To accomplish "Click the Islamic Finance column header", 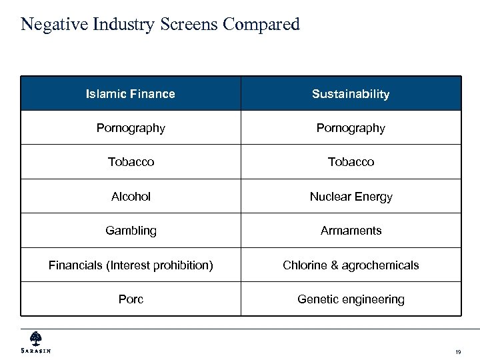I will [x=131, y=94].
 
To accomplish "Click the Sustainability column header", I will [x=351, y=94].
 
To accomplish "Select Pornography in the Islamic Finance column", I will [x=131, y=127].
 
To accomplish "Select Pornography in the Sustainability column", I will [x=351, y=127].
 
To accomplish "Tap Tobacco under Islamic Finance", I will [x=131, y=162].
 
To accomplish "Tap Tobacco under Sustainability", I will [x=351, y=162].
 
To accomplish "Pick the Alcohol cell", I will [x=131, y=197].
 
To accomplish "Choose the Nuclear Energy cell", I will [x=351, y=197].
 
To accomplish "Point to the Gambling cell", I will [x=131, y=231].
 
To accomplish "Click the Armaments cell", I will [x=351, y=231].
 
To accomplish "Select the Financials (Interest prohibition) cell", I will [x=131, y=265].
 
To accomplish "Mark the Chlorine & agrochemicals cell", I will [x=351, y=265].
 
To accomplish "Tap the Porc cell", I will [x=131, y=299].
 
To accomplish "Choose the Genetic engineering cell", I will [x=351, y=299].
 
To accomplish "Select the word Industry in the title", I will [x=117, y=25].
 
